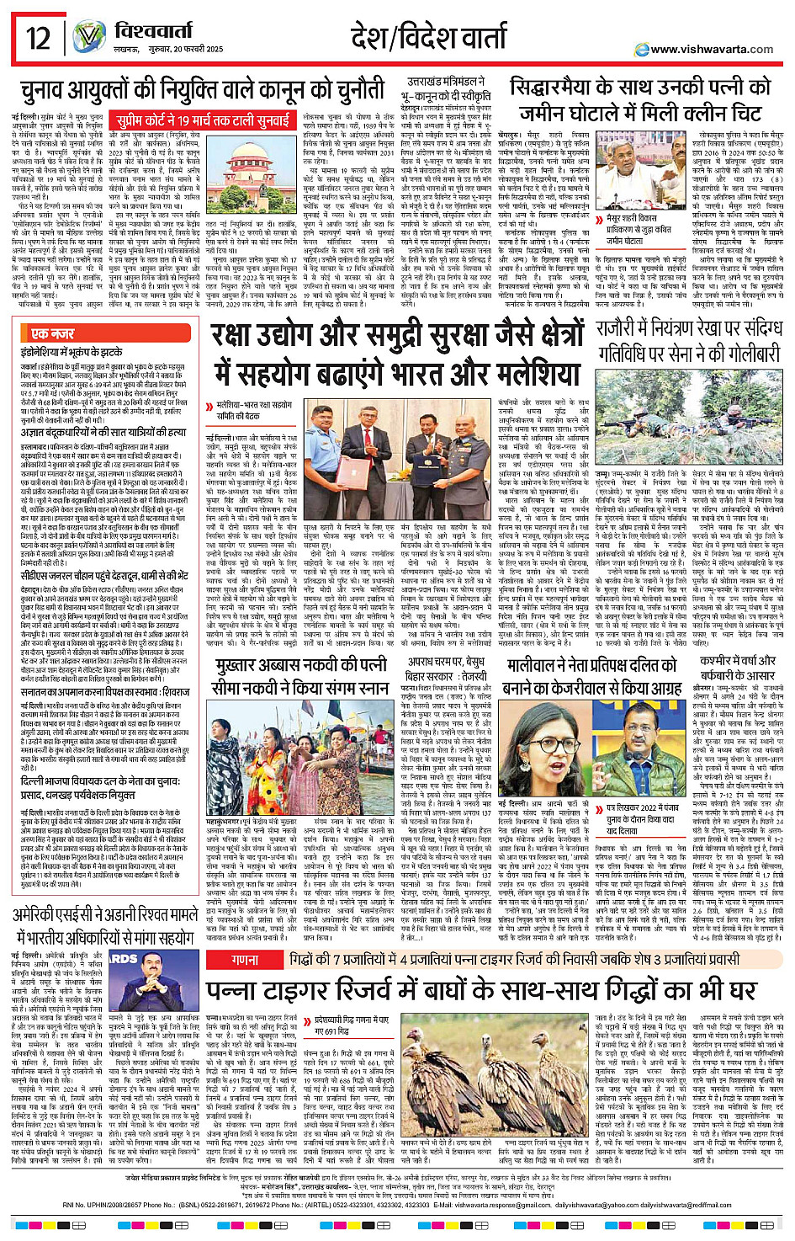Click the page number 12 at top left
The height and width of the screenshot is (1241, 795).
[x=38, y=38]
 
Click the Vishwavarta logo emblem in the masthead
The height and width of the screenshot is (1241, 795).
[x=89, y=38]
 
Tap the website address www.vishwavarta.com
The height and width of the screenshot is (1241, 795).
[x=712, y=49]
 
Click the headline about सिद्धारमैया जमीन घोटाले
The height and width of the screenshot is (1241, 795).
[x=640, y=100]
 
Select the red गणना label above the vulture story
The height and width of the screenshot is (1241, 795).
[x=245, y=959]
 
